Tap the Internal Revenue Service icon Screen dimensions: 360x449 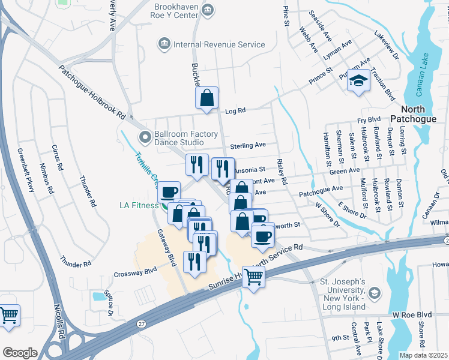click(163, 44)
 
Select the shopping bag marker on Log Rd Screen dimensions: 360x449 click(206, 99)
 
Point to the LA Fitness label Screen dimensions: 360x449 click(139, 206)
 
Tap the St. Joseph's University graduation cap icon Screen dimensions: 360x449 click(374, 293)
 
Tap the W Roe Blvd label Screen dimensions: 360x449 click(412, 314)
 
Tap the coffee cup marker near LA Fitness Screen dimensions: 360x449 click(169, 192)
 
